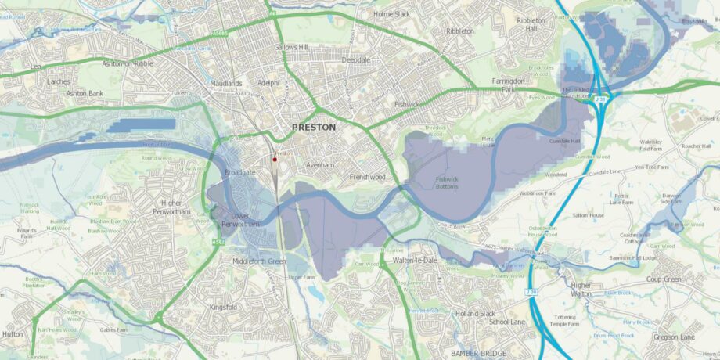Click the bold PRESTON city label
(x=313, y=127)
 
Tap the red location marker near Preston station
(x=275, y=160)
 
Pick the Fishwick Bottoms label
(x=446, y=182)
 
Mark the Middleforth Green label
(x=259, y=261)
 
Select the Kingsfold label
(x=225, y=308)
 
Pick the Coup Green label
(x=664, y=279)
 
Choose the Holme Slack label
(x=391, y=14)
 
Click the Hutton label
(x=13, y=333)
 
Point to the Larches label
(x=58, y=81)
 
